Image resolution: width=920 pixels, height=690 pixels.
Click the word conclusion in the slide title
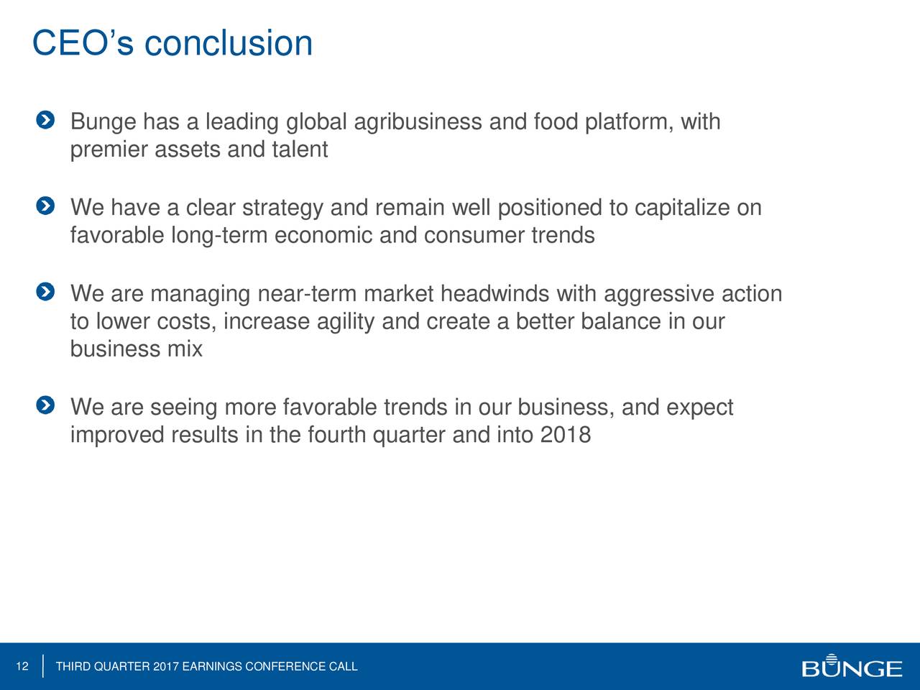click(229, 43)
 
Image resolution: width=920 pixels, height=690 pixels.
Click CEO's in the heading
click(83, 43)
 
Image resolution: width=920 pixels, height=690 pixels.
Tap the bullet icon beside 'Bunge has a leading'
click(45, 120)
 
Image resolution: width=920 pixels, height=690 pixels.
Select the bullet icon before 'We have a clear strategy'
click(45, 206)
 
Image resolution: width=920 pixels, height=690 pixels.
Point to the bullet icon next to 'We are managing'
click(45, 292)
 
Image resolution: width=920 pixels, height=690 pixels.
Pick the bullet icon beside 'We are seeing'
click(45, 405)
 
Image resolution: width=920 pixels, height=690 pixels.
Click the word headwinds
click(494, 293)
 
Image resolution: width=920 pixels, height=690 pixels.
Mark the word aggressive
click(659, 295)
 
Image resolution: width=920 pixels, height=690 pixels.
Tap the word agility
click(346, 322)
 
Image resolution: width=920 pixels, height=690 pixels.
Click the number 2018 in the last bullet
click(566, 435)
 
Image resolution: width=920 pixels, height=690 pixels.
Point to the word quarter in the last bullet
click(409, 436)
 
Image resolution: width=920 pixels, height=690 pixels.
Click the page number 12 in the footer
click(22, 666)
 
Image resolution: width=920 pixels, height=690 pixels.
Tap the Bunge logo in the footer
click(852, 666)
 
